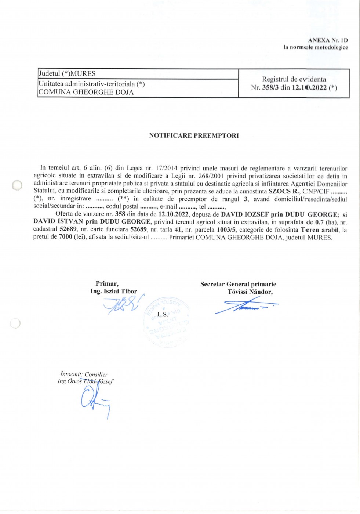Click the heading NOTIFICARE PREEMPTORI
[x=194, y=135]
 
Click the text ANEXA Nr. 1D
[x=328, y=40]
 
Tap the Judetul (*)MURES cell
[x=67, y=73]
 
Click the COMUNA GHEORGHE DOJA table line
[x=86, y=92]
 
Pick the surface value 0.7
[x=319, y=222]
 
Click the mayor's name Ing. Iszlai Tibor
[x=113, y=291]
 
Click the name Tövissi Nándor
[x=250, y=292]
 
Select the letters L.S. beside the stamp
[x=163, y=314]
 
